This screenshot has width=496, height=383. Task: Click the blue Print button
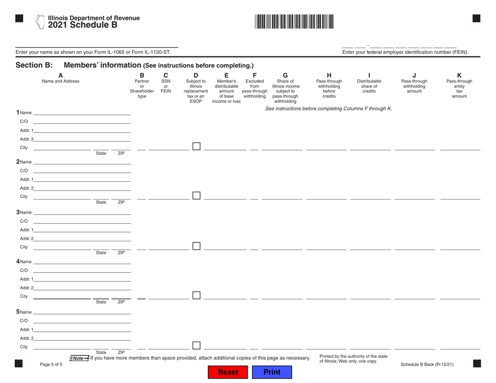[x=271, y=373]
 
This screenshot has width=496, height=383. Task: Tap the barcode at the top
[x=294, y=22]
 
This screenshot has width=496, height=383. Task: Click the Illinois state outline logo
[x=40, y=21]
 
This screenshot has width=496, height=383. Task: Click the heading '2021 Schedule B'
[x=82, y=24]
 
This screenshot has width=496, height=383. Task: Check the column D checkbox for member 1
[x=196, y=147]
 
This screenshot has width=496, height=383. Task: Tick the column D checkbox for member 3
[x=196, y=246]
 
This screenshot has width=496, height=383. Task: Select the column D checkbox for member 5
[x=196, y=344]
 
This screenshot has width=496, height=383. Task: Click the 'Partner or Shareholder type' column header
[x=142, y=86]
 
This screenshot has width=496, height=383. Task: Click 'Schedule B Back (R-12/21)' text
[x=427, y=364]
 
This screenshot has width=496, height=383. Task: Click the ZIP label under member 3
[x=121, y=252]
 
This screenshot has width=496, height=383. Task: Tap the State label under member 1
[x=101, y=154]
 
